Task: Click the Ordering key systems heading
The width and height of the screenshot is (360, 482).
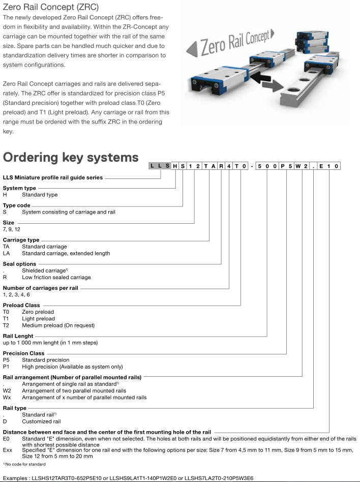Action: coord(71,158)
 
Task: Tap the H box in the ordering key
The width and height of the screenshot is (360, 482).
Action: coord(176,166)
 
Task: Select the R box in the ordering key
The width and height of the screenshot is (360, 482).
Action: coord(221,166)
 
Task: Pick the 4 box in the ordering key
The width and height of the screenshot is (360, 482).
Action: coord(229,166)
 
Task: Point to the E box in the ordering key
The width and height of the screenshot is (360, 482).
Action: coord(321,166)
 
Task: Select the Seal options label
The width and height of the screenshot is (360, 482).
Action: coord(19,264)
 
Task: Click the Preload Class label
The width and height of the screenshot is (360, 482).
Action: coord(21,305)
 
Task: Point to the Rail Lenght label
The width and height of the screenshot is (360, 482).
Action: coord(18,336)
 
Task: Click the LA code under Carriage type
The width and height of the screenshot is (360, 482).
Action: coord(7,253)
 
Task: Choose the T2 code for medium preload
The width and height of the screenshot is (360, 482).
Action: coord(7,325)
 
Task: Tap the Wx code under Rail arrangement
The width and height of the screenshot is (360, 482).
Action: coord(7,398)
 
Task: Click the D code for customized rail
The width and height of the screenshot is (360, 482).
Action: coord(5,421)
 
